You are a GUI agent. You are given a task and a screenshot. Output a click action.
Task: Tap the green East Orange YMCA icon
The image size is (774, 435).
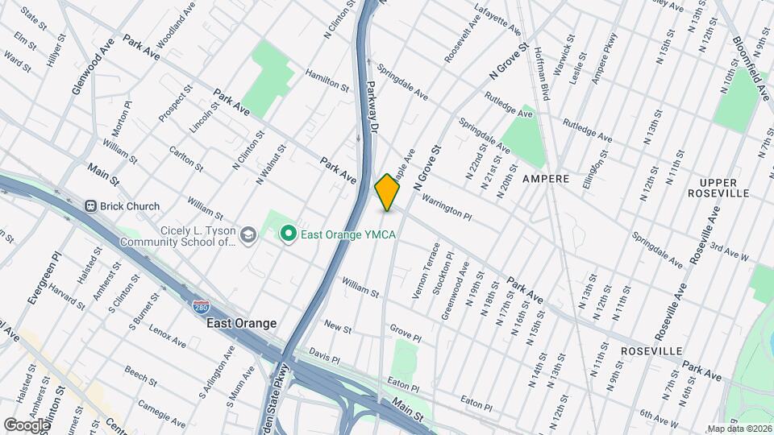(x=286, y=234)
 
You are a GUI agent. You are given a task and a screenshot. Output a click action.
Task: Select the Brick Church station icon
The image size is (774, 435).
(x=89, y=206)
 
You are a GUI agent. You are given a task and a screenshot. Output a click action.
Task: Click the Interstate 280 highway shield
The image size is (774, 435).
(x=201, y=308)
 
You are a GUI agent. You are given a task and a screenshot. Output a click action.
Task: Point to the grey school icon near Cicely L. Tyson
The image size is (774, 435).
(x=248, y=234)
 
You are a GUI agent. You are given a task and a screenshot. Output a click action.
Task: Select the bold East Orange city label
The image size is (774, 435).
(x=241, y=323)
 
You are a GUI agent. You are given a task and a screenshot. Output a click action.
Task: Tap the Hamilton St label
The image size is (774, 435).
(x=327, y=79)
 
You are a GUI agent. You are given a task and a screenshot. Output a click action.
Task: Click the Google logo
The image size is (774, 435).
(x=27, y=425)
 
